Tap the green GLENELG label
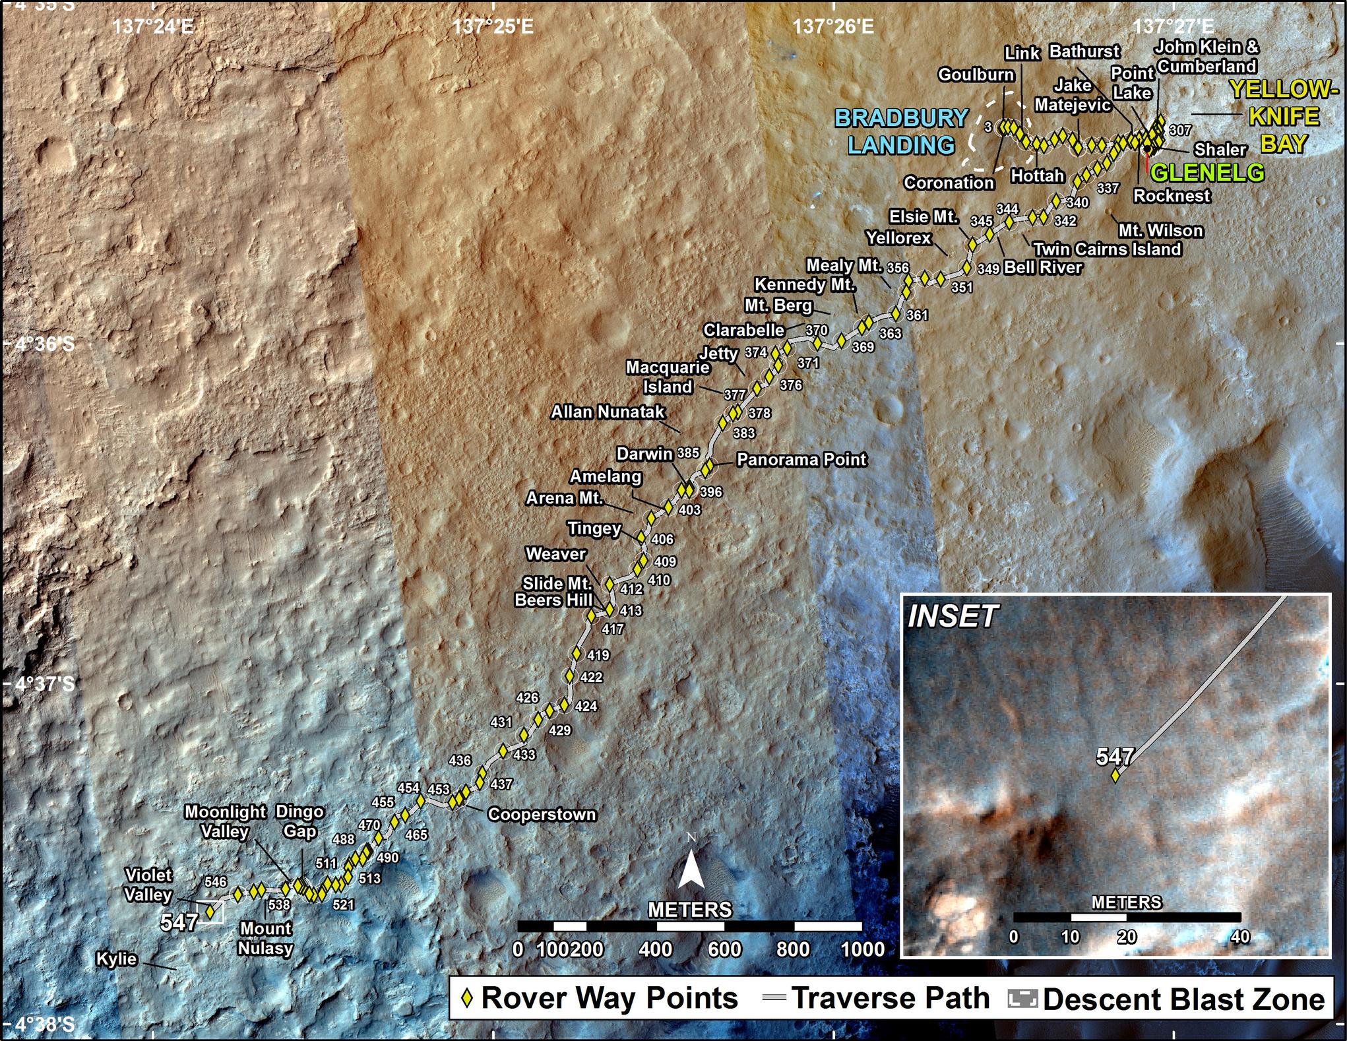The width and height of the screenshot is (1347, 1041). pyautogui.click(x=1207, y=173)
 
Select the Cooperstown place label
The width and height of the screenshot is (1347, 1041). pyautogui.click(x=542, y=815)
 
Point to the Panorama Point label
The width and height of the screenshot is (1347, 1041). pyautogui.click(x=801, y=459)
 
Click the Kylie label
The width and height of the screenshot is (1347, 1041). pyautogui.click(x=117, y=959)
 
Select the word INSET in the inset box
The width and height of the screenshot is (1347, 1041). pyautogui.click(x=952, y=617)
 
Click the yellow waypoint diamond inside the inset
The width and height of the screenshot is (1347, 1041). pyautogui.click(x=1115, y=775)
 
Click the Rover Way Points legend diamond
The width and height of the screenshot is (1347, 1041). pyautogui.click(x=468, y=999)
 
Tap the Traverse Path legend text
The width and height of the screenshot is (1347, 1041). pyautogui.click(x=891, y=999)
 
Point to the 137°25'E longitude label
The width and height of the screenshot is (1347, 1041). pyautogui.click(x=493, y=27)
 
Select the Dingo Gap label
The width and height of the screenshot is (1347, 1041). pyautogui.click(x=299, y=821)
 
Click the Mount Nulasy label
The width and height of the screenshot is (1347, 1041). pyautogui.click(x=265, y=938)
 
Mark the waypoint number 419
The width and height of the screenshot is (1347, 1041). pyautogui.click(x=598, y=655)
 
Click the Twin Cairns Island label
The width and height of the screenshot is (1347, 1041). pyautogui.click(x=1107, y=249)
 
